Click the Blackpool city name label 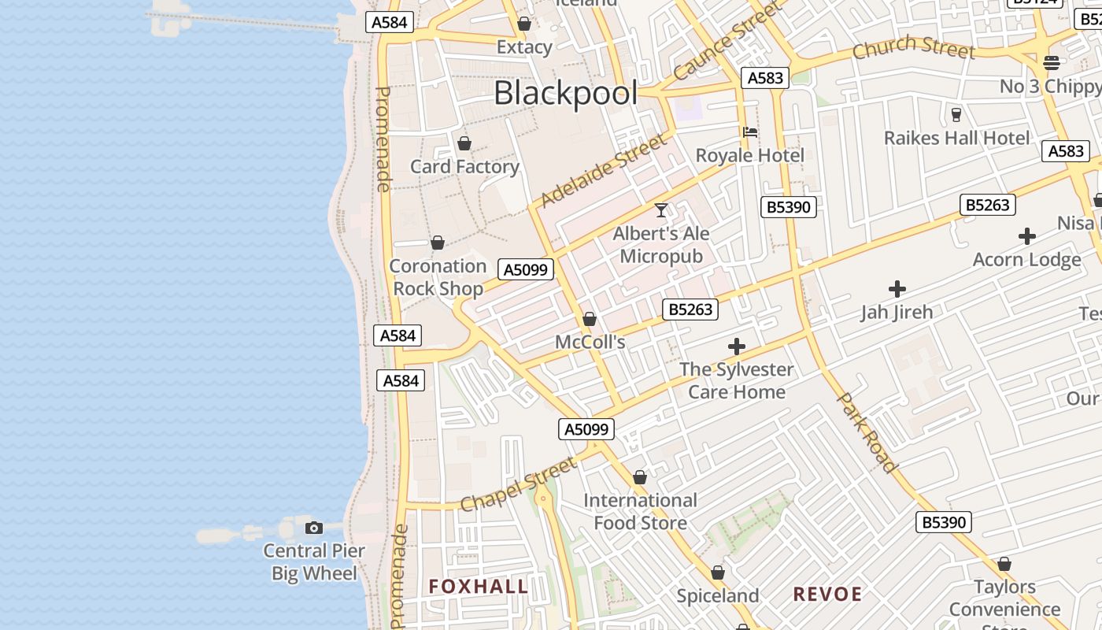click(x=565, y=94)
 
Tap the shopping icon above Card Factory click(x=464, y=143)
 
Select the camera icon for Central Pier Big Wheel click(x=314, y=528)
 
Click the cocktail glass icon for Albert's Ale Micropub click(x=661, y=210)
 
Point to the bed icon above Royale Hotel click(x=750, y=132)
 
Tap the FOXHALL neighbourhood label click(x=479, y=587)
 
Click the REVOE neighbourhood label click(x=827, y=595)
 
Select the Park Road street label click(x=867, y=432)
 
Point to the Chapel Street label click(x=519, y=486)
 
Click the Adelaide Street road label click(x=604, y=171)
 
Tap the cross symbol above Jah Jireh click(x=897, y=289)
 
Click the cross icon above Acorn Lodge click(x=1026, y=236)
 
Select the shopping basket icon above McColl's click(x=590, y=319)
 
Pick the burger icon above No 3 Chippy click(x=1052, y=63)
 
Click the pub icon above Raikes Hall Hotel click(x=956, y=115)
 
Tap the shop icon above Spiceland click(x=718, y=573)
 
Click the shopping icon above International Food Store click(x=640, y=477)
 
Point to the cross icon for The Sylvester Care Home click(x=737, y=346)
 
